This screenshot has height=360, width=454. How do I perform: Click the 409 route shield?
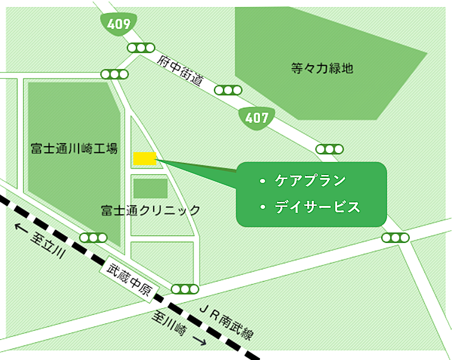118,23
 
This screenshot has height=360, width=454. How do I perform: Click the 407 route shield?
256,117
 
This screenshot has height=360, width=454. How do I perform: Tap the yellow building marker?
145,159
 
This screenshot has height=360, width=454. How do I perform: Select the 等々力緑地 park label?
322,68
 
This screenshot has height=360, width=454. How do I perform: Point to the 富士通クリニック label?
150,210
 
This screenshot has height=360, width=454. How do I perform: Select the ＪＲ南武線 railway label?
225,324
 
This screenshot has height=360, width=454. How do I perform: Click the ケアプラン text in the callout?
310,180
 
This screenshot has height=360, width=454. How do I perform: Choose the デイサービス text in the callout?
317,207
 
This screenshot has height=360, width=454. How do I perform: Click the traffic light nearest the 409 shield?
141,48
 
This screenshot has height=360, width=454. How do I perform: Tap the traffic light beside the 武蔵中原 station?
185,289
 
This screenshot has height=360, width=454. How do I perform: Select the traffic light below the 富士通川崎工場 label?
93,237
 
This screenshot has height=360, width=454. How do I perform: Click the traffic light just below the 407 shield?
329,149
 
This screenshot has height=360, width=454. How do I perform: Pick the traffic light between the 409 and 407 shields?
228,90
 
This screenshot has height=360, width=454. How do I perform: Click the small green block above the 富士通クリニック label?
150,188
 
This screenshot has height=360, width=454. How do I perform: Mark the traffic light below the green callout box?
395,237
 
